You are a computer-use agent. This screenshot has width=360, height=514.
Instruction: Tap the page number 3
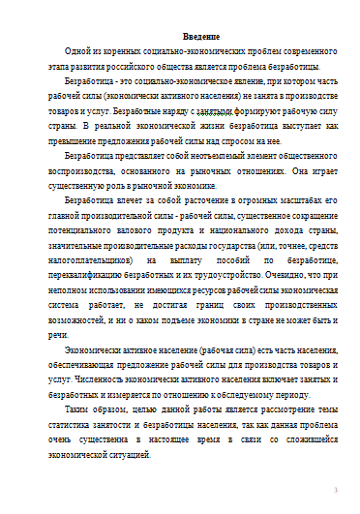coord(335,490)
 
